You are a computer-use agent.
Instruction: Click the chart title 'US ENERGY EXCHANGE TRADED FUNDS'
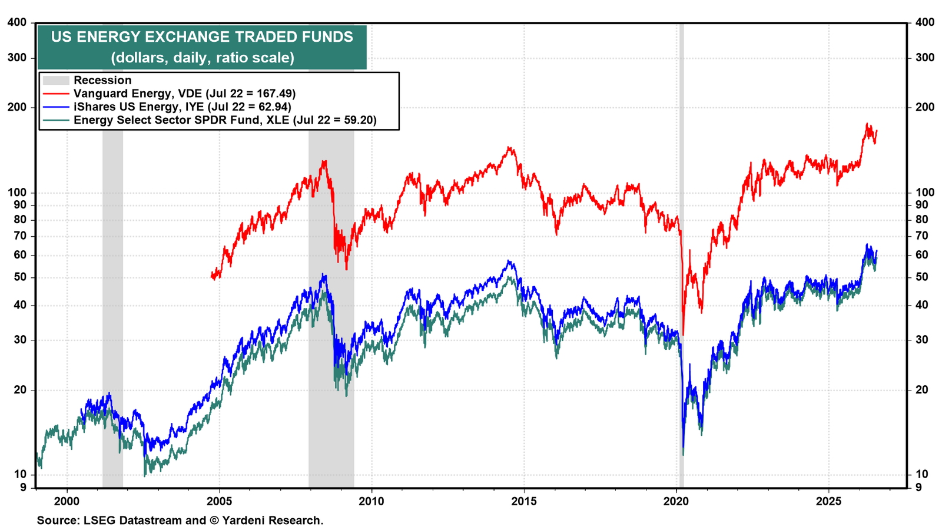[202, 37]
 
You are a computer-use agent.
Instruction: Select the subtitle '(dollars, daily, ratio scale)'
[203, 57]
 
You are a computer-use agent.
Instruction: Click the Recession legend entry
[88, 80]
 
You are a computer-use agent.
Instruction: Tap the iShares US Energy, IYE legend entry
[167, 107]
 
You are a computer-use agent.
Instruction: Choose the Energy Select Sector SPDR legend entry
[210, 120]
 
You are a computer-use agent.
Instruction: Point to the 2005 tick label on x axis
[219, 501]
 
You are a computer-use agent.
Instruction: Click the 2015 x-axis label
[523, 501]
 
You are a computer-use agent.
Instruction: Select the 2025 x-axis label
[828, 501]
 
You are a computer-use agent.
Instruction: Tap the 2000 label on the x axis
[67, 501]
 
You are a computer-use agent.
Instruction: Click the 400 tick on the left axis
[17, 22]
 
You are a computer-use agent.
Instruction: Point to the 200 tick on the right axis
[925, 107]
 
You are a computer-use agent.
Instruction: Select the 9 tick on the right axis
[918, 488]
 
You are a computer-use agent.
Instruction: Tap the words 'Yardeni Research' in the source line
[271, 521]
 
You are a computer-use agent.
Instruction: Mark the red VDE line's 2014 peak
[510, 147]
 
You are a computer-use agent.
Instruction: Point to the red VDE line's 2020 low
[684, 335]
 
